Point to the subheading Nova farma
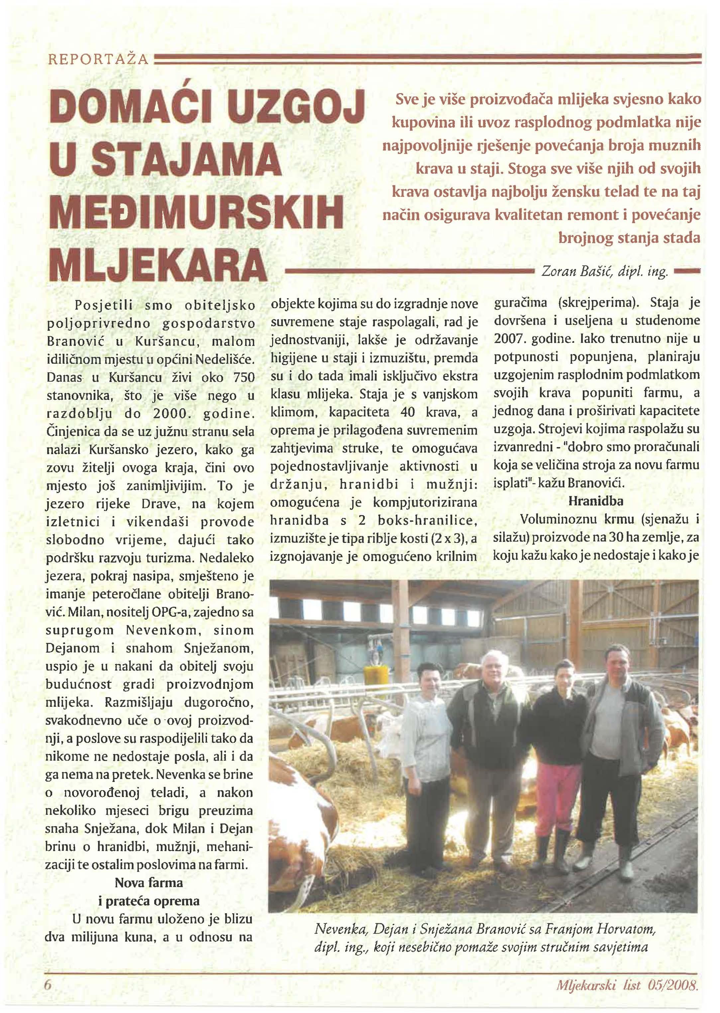coord(149,883)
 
